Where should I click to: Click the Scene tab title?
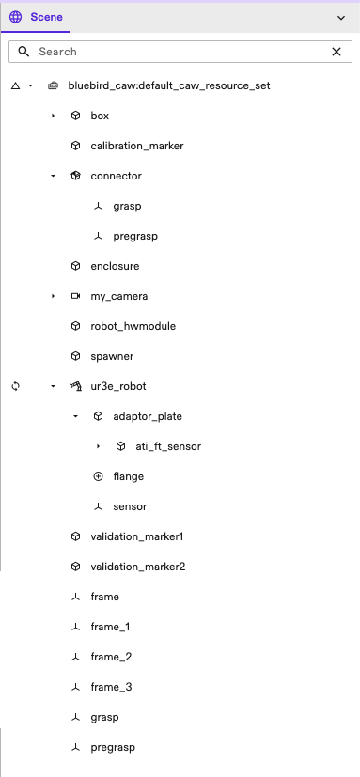[x=46, y=17]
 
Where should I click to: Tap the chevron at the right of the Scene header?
[x=340, y=17]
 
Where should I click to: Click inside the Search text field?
[x=179, y=52]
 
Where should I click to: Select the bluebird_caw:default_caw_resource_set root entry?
[x=169, y=85]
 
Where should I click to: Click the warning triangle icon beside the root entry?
[x=15, y=85]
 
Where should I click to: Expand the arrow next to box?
[x=53, y=116]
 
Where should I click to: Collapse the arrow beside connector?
[x=53, y=176]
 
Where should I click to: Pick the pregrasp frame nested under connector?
[x=134, y=236]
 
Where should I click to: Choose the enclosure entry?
[x=115, y=266]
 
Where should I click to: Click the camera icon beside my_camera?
[x=75, y=296]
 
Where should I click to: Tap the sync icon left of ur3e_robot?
[x=15, y=386]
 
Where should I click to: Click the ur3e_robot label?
[x=118, y=386]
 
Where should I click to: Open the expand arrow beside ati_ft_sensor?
[x=98, y=446]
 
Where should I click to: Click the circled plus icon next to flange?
[x=98, y=476]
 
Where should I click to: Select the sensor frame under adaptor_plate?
[x=129, y=506]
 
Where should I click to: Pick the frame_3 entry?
[x=111, y=687]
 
